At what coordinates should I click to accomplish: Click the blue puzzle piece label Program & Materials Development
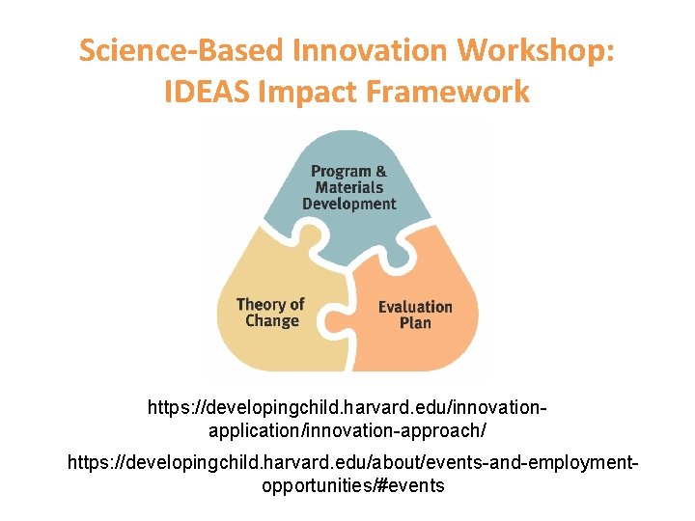pos(348,187)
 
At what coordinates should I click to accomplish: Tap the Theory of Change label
pos(271,313)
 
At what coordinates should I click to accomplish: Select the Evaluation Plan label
pos(415,315)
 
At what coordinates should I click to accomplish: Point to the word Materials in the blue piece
pos(348,188)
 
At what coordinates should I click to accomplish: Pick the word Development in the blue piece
pos(348,205)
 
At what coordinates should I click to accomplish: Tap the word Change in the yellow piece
pos(272,321)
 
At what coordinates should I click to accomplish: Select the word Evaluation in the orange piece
pos(415,307)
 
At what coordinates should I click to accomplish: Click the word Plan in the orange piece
pos(415,323)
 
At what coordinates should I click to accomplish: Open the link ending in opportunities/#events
pos(352,475)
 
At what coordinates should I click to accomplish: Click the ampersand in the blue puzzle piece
pos(381,172)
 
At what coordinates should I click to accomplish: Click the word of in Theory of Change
pos(296,305)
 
